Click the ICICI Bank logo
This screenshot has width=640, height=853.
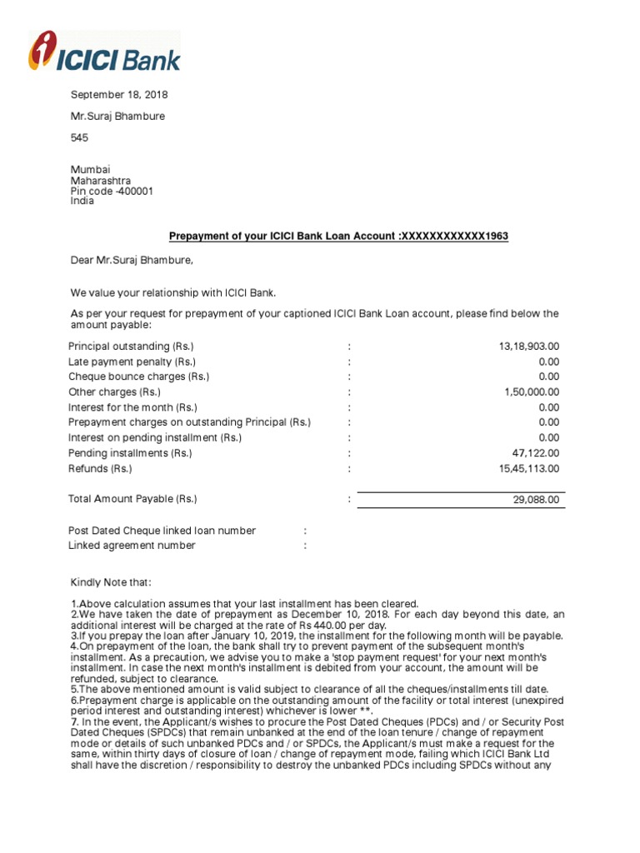click(x=104, y=51)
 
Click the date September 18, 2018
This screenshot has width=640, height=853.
click(x=118, y=95)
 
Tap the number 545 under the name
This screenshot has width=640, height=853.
click(x=79, y=137)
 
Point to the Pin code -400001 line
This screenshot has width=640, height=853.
click(x=111, y=191)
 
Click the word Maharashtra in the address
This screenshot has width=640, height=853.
click(x=100, y=180)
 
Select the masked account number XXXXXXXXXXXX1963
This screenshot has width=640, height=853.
click(x=455, y=237)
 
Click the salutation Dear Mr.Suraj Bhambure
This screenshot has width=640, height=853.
click(x=131, y=261)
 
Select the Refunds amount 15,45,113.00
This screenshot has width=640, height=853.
click(x=523, y=469)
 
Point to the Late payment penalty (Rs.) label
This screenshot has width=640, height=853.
click(x=132, y=362)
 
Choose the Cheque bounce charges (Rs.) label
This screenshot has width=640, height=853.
click(x=138, y=377)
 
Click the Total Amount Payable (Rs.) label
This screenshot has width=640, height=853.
click(x=132, y=499)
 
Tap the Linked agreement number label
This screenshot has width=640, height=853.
click(x=132, y=546)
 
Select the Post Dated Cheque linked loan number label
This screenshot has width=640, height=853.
click(x=162, y=531)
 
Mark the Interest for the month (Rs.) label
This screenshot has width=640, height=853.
click(x=132, y=407)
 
